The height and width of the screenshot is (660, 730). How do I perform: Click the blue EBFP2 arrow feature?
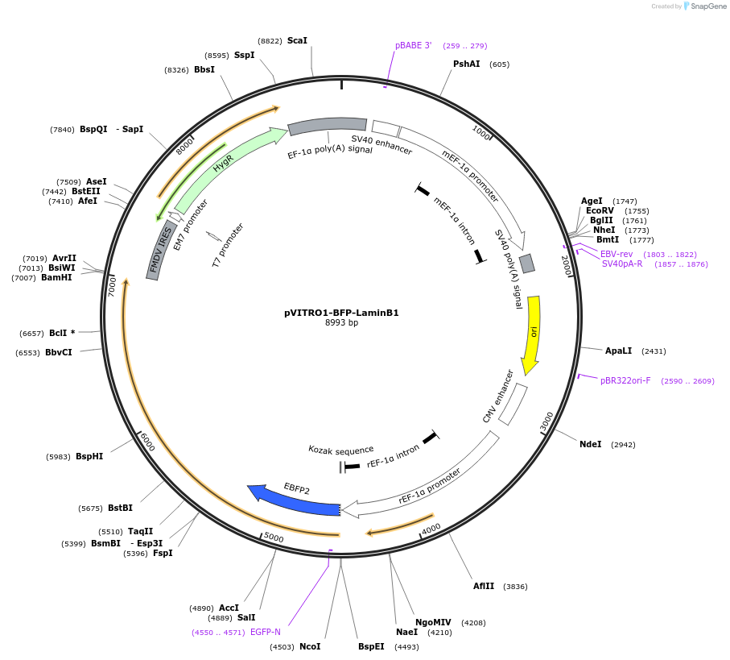296,500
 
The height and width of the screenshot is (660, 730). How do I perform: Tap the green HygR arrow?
225,165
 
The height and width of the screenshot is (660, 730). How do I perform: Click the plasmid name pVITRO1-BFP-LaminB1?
341,313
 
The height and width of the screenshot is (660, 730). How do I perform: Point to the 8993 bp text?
341,323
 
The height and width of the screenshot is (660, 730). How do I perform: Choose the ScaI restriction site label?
297,40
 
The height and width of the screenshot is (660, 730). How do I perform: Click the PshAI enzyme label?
466,64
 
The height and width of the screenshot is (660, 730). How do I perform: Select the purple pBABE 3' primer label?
413,45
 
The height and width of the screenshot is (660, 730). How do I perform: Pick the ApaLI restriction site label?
619,351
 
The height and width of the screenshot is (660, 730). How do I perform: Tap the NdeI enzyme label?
590,444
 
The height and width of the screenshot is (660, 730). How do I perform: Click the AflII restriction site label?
484,586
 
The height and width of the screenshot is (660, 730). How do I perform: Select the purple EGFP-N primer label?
266,632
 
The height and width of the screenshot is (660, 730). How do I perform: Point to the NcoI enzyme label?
309,646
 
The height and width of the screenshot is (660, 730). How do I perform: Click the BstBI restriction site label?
120,508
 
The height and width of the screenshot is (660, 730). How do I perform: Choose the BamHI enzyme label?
56,277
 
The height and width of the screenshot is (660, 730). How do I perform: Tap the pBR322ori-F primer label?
625,380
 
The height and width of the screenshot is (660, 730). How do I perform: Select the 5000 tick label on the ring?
274,538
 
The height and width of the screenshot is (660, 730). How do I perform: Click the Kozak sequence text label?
340,450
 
